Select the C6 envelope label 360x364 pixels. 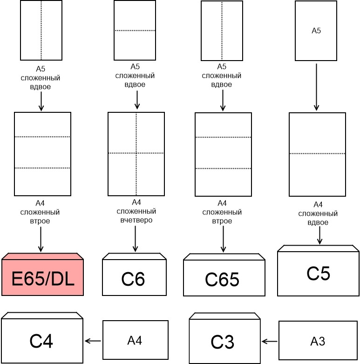tap(133, 279)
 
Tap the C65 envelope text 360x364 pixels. tap(222, 280)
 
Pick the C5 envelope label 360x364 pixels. tap(319, 274)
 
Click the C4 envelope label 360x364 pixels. tap(41, 341)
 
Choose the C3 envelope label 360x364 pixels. tap(222, 342)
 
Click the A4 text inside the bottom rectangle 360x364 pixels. tap(135, 341)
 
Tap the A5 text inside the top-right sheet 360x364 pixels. tap(316, 31)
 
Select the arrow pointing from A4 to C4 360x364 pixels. tap(93, 341)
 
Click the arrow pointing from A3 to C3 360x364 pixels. tap(270, 342)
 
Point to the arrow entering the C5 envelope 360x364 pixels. tap(319, 236)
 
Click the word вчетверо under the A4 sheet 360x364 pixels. tap(136, 220)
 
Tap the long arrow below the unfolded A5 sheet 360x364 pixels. tap(316, 87)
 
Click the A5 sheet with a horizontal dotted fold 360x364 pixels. tap(135, 31)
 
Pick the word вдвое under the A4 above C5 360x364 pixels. tap(318, 222)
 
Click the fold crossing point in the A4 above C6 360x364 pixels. tap(136, 153)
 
